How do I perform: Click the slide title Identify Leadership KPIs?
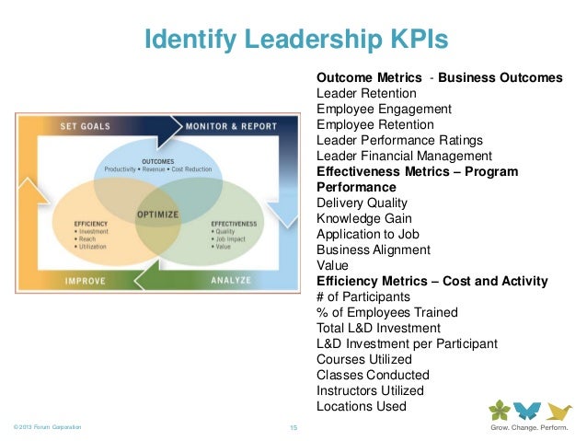[296, 40]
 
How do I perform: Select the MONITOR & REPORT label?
[232, 126]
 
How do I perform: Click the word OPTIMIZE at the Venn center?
[158, 215]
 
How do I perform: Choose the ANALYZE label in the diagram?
[231, 280]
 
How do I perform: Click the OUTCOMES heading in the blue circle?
[158, 161]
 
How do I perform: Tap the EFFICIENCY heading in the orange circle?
[93, 224]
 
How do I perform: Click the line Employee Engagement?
[384, 109]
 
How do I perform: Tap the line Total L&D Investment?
[378, 328]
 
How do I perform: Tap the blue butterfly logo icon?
[527, 411]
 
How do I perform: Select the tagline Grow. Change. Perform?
[528, 428]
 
